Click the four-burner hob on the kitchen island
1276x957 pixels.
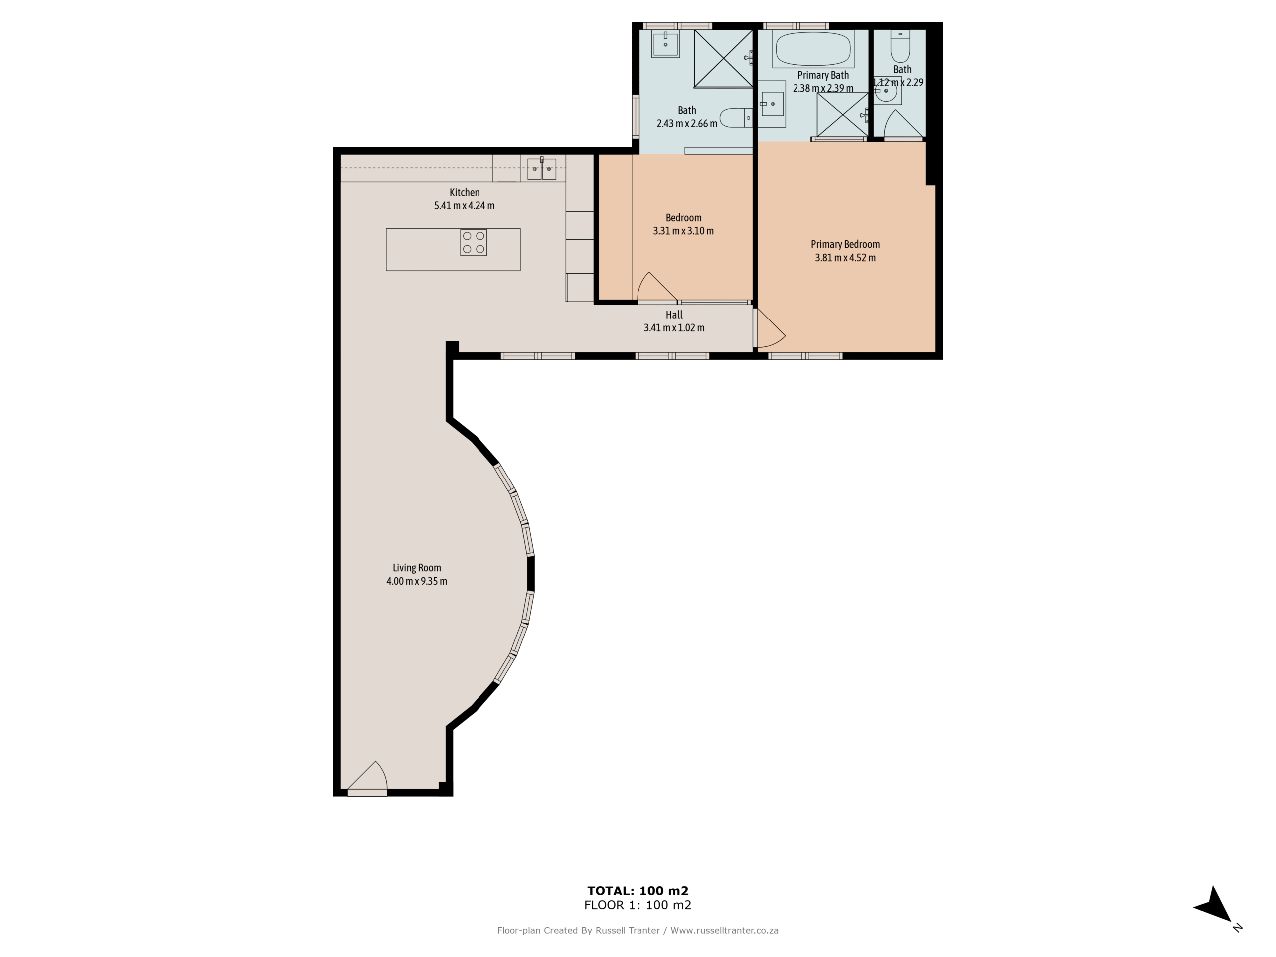point(474,242)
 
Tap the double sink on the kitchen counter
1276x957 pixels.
point(542,169)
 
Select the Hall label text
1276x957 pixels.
point(674,315)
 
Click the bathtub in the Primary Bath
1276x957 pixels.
point(813,49)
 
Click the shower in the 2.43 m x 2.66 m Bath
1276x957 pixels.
point(723,59)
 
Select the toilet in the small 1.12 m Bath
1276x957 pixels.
point(900,46)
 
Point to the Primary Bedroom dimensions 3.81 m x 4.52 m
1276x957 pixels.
point(845,258)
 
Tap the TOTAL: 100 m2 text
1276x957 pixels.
point(638,891)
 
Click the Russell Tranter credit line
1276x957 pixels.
point(638,931)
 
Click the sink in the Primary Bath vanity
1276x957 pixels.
point(771,104)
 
